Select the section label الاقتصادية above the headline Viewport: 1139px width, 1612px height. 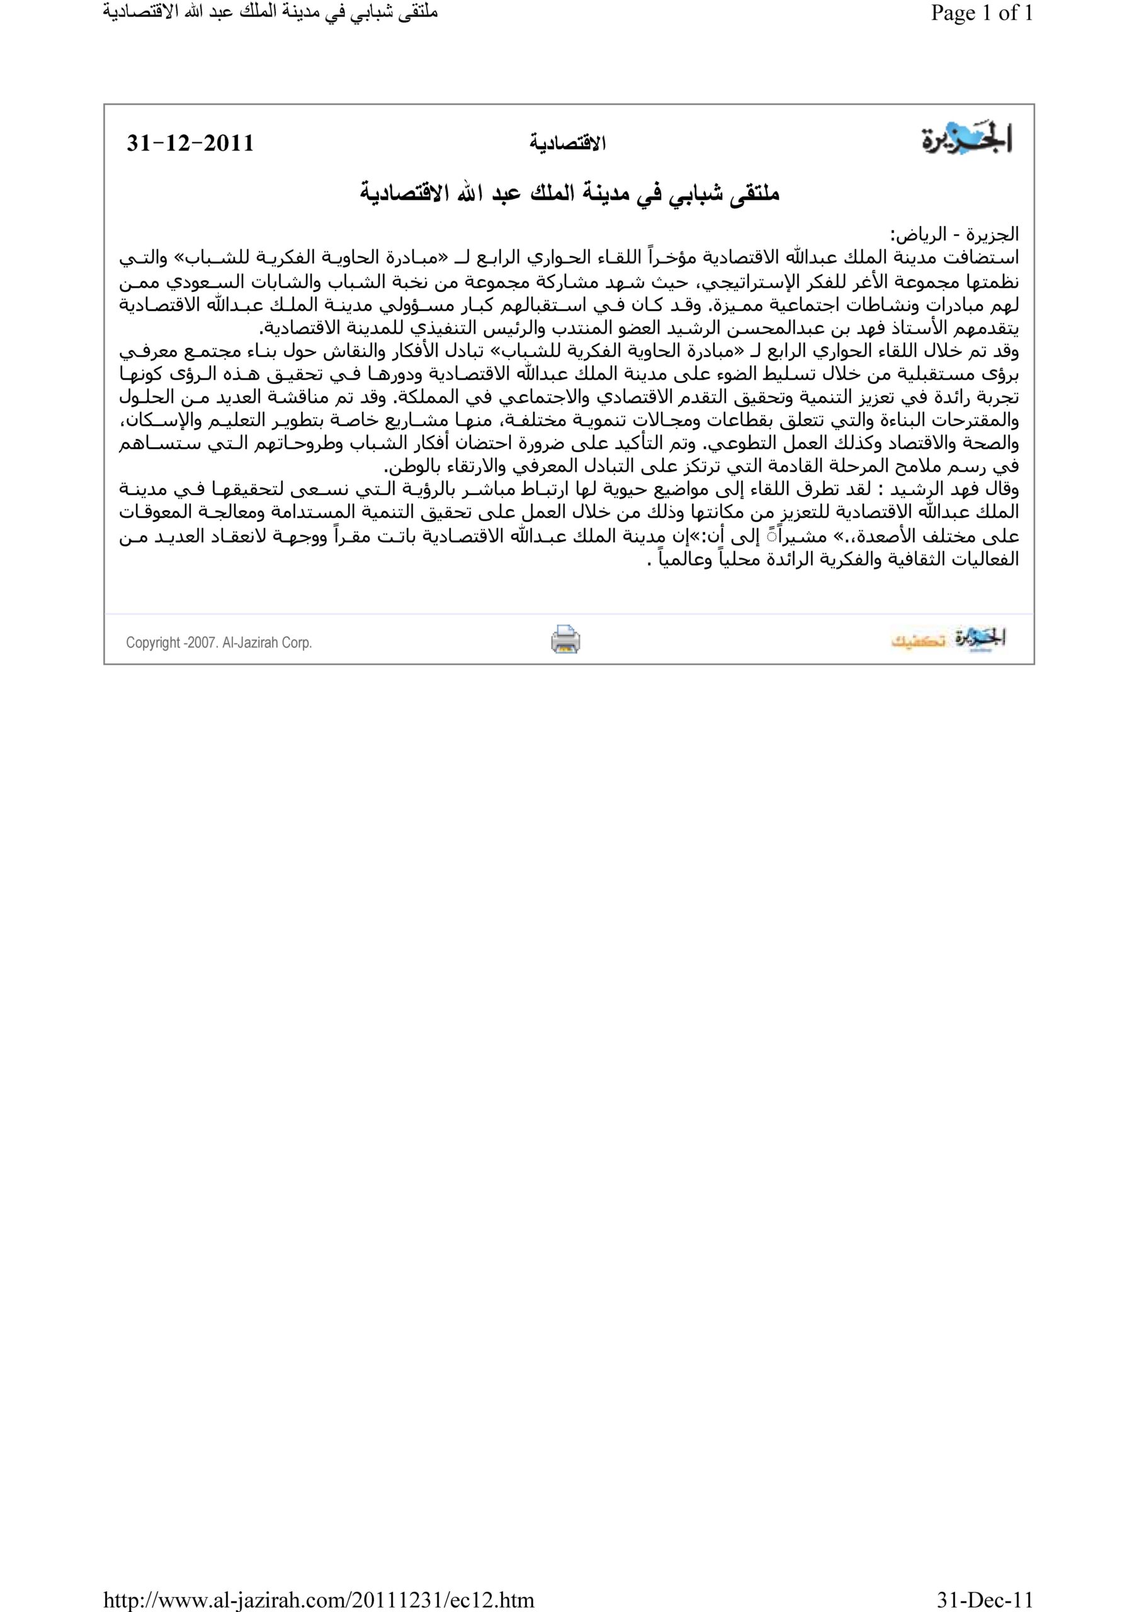[567, 144]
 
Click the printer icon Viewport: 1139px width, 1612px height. [565, 640]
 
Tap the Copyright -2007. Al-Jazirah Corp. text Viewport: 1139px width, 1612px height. [218, 642]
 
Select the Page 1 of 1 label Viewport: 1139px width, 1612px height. [982, 13]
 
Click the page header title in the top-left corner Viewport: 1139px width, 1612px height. [269, 13]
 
